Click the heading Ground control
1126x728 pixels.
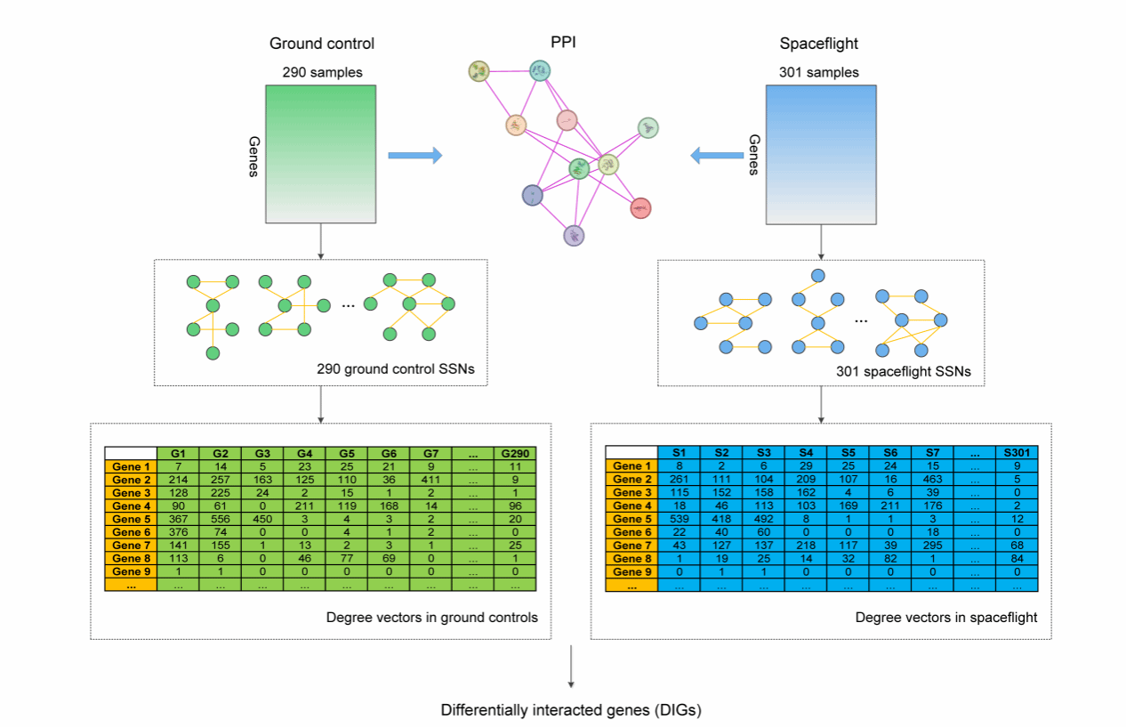click(x=322, y=44)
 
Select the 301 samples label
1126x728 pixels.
click(x=820, y=72)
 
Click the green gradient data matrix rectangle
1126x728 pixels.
click(x=321, y=153)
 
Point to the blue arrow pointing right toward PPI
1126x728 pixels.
click(x=414, y=156)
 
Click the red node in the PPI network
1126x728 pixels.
click(x=640, y=208)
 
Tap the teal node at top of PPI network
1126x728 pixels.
click(x=539, y=70)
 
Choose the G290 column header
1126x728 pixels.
click(x=516, y=453)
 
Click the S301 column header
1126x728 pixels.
click(x=1017, y=453)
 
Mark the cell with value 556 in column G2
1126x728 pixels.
click(x=221, y=519)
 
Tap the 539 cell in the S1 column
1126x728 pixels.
click(x=679, y=519)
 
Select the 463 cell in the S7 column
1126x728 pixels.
click(x=933, y=480)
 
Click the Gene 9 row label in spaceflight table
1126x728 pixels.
click(x=631, y=571)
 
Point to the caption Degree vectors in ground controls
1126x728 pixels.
click(x=431, y=617)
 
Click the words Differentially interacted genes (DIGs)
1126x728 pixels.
click(x=570, y=710)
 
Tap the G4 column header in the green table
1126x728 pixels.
click(x=305, y=453)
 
